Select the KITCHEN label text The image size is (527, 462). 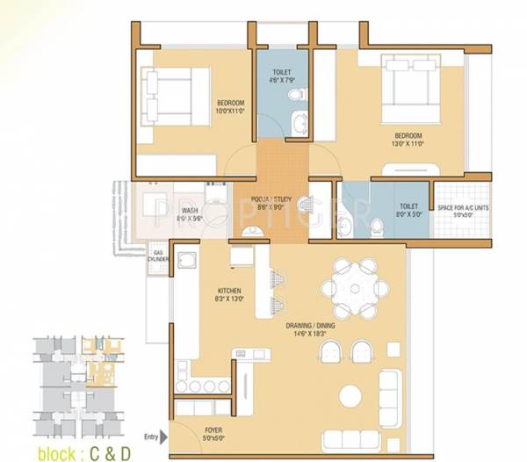230,291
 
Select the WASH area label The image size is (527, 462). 190,211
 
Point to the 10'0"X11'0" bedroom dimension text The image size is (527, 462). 229,112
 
